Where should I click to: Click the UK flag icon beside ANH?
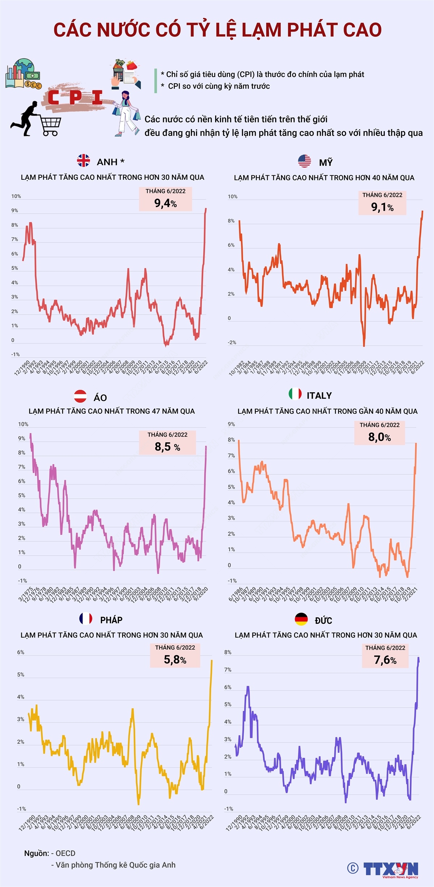point(84,161)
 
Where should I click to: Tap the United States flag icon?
point(305,161)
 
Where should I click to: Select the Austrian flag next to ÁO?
point(80,396)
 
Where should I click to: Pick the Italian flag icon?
point(295,394)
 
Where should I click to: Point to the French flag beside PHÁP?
point(86,619)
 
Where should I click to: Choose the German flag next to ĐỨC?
point(301,619)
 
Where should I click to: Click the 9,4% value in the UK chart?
point(166,204)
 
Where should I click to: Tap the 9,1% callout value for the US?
point(382,207)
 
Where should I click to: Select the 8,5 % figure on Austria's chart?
point(167,447)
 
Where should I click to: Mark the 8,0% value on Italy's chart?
point(379,437)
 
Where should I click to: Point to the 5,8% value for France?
point(175,660)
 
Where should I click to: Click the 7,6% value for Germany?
point(385,660)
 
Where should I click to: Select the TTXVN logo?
point(390,869)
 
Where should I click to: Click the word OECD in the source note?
point(65,853)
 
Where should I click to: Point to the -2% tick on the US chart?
point(231,342)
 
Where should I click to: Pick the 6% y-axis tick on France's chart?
point(21,652)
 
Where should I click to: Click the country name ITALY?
point(319,396)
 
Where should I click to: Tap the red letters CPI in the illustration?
point(75,98)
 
